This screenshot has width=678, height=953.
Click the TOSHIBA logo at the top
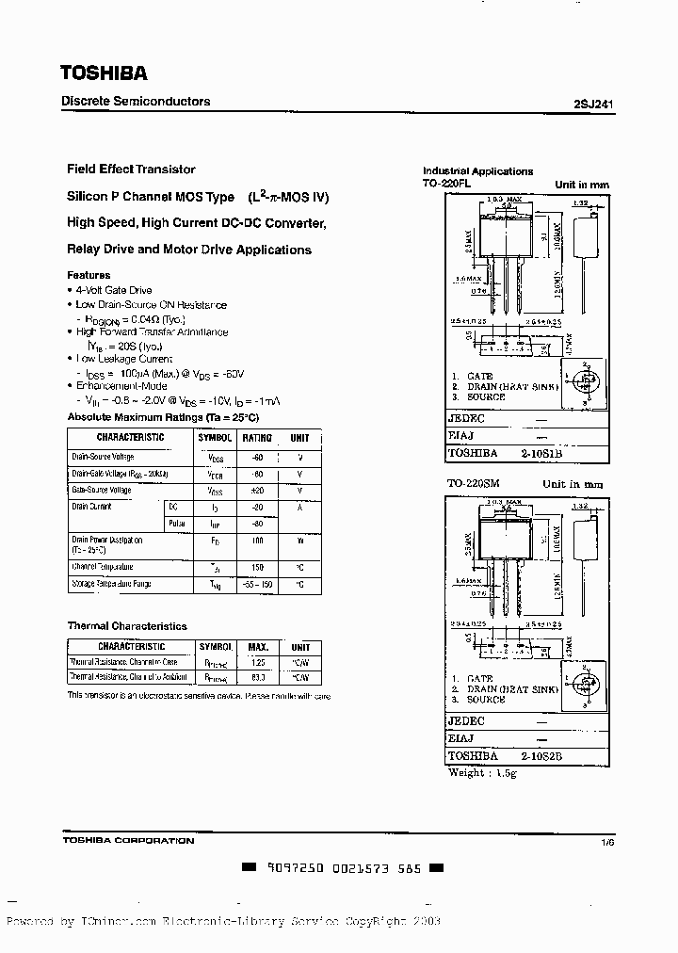[105, 73]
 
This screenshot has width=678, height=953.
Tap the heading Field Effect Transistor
[131, 170]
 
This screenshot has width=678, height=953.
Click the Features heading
[89, 275]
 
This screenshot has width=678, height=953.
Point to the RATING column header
[257, 438]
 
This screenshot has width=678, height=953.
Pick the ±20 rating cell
[257, 491]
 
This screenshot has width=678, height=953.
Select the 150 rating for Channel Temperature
[257, 567]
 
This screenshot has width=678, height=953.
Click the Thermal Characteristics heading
[127, 626]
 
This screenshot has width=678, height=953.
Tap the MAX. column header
[258, 647]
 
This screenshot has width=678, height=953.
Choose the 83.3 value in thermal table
[258, 677]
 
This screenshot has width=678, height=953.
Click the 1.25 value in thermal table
[258, 662]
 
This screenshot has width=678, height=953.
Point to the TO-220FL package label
[446, 185]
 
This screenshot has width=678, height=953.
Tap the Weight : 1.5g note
[480, 772]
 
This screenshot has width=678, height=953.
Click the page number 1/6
[607, 841]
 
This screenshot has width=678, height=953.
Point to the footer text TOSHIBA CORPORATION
[128, 841]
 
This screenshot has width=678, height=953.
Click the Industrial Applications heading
[478, 171]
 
